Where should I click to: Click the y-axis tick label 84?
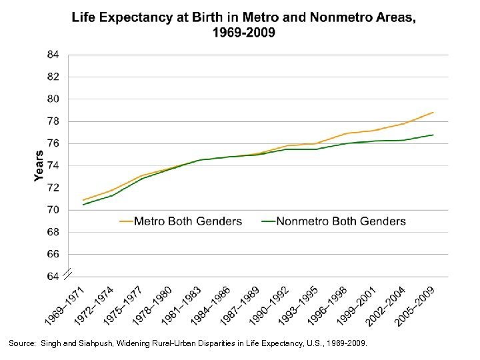53,54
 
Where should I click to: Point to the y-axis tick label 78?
53,121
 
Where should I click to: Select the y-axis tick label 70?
53,210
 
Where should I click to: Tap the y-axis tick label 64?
53,276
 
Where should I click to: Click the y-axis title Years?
39,165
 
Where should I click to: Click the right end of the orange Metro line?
433,112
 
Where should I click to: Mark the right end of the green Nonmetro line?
433,135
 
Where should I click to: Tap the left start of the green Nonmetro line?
83,205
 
